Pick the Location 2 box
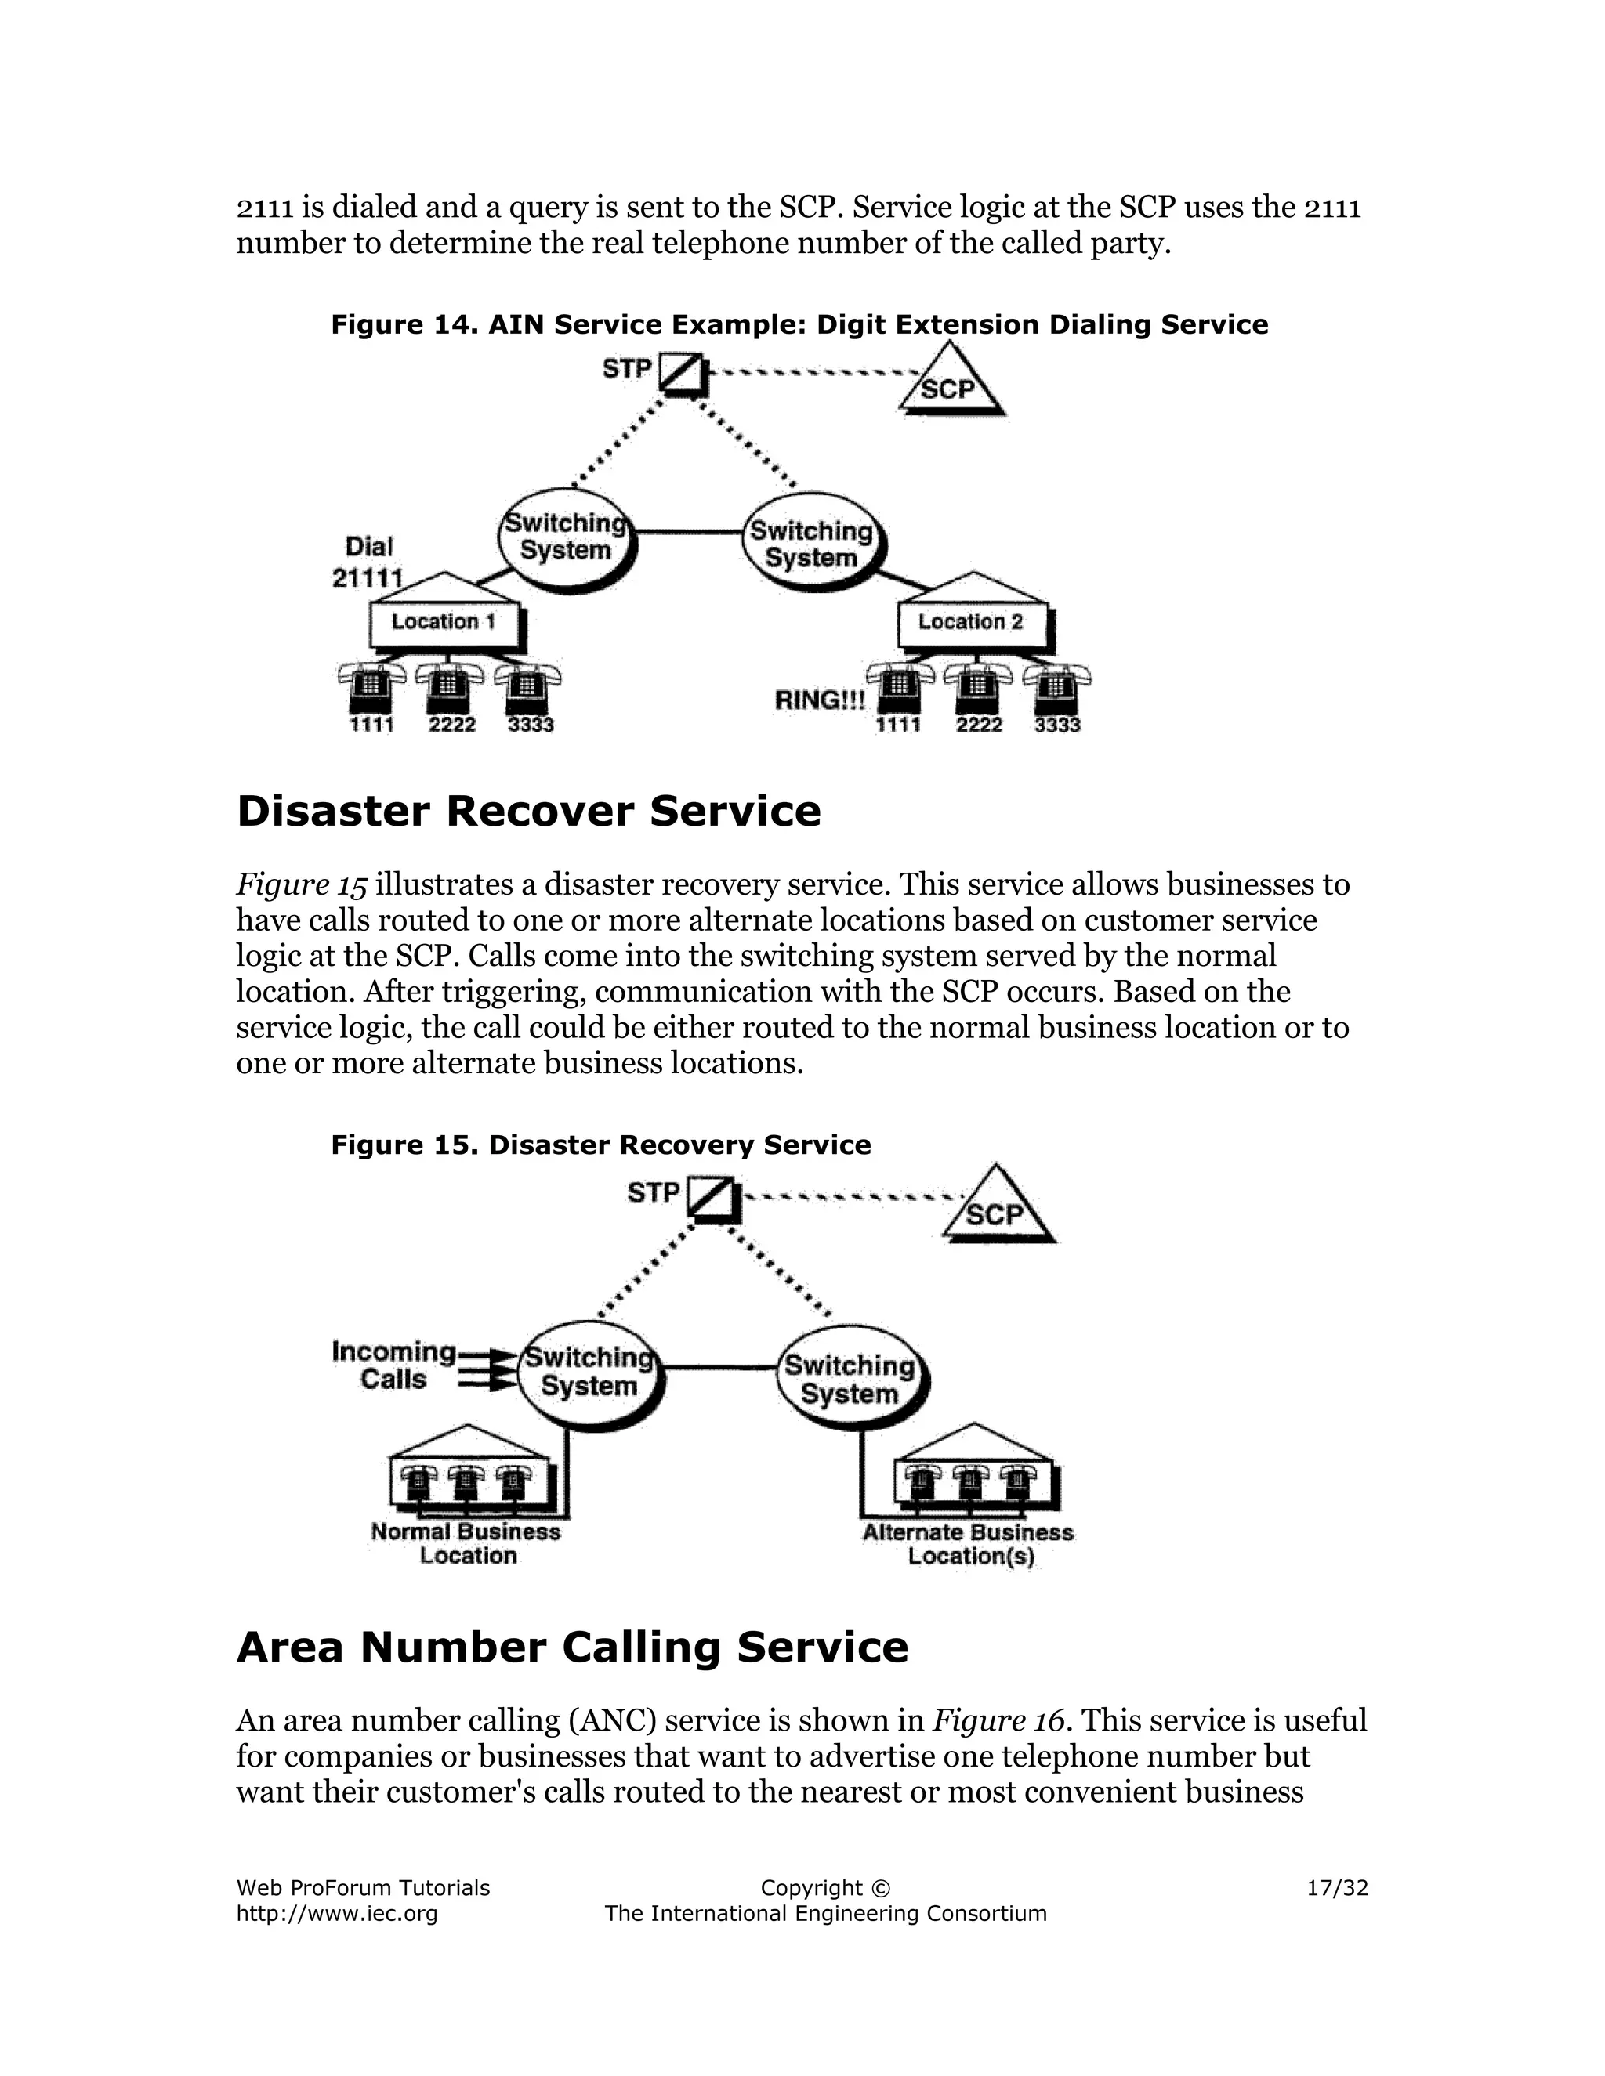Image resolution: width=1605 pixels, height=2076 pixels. pos(972,623)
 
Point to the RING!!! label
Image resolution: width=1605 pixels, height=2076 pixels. pos(820,701)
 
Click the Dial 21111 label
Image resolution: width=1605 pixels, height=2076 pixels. pos(368,562)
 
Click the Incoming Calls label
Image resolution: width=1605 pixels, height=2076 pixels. pos(393,1365)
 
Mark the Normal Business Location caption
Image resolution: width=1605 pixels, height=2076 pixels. pos(466,1544)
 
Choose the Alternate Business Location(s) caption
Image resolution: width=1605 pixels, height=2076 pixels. pos(968,1545)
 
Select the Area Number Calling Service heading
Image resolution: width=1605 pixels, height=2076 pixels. pos(571,1647)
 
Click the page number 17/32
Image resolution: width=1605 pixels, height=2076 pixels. pos(1337,1888)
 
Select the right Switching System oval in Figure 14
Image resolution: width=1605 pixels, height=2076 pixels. pos(812,544)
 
